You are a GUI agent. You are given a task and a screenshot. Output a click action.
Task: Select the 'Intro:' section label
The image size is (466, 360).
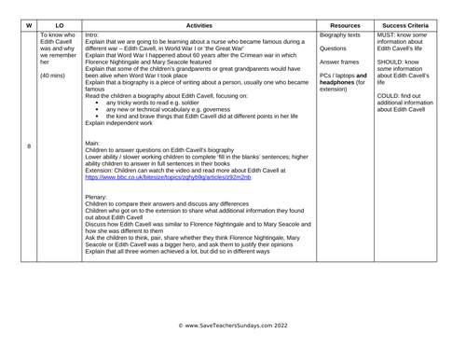coord(95,35)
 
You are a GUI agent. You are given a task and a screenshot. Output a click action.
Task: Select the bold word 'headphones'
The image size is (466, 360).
coord(336,82)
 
